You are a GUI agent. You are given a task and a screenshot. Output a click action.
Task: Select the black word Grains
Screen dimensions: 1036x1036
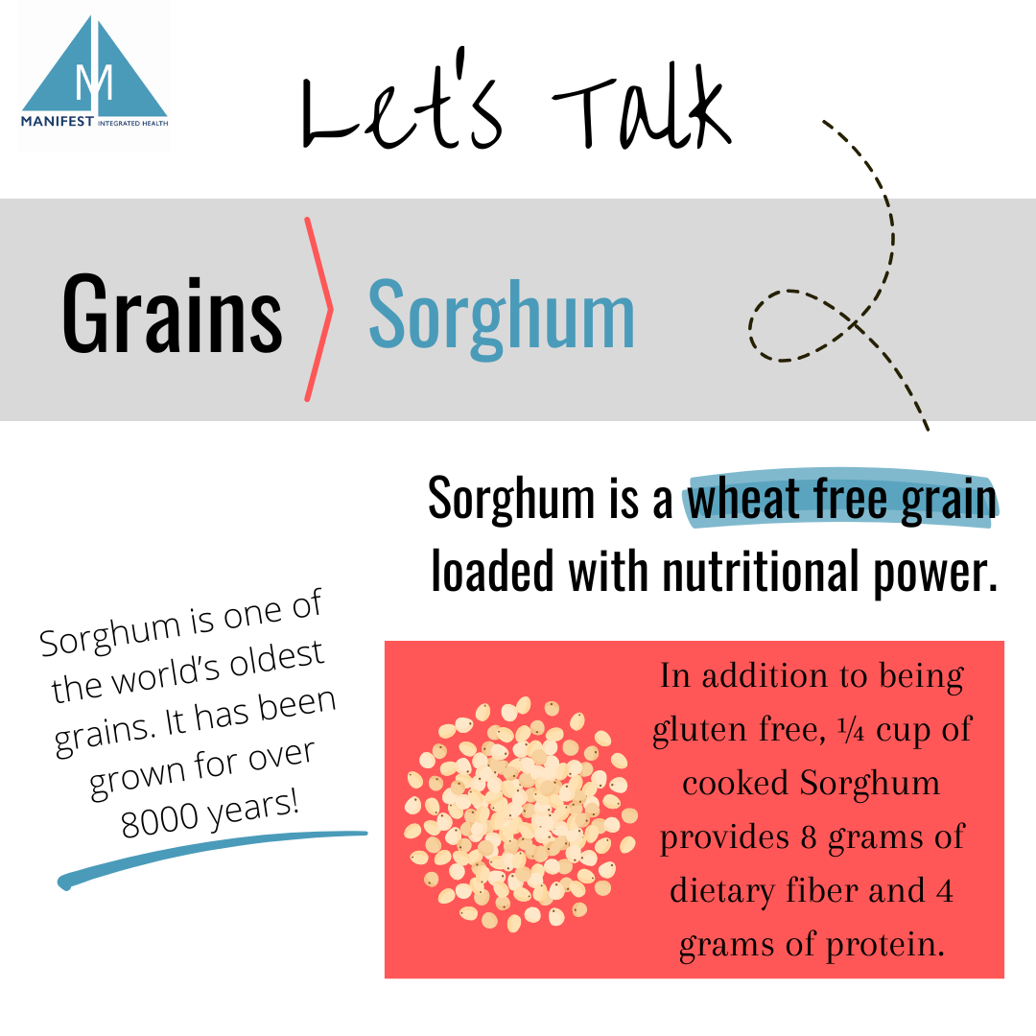click(173, 312)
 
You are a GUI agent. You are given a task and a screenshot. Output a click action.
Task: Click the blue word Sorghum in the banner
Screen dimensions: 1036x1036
click(502, 314)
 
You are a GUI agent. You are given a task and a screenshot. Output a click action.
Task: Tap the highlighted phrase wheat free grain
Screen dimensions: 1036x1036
click(841, 501)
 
